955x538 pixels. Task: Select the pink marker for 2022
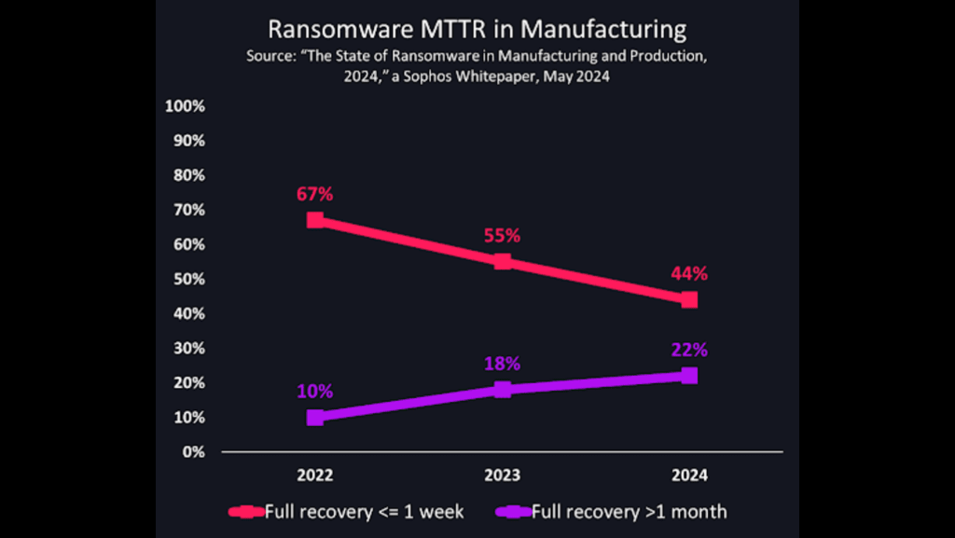click(x=315, y=220)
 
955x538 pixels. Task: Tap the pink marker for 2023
click(x=503, y=261)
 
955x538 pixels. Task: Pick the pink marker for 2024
click(x=689, y=299)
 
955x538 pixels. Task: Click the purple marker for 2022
click(x=315, y=417)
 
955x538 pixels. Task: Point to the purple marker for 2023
click(x=503, y=390)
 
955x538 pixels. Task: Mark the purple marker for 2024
click(x=689, y=376)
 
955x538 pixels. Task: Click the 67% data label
click(x=315, y=194)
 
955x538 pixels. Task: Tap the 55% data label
click(x=502, y=236)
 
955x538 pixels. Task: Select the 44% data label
click(x=689, y=274)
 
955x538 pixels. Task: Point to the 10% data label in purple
click(x=315, y=392)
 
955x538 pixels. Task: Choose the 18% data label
click(x=502, y=364)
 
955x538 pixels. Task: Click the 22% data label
click(x=689, y=351)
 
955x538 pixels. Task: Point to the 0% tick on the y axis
click(x=193, y=452)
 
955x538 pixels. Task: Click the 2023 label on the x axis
click(x=502, y=476)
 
